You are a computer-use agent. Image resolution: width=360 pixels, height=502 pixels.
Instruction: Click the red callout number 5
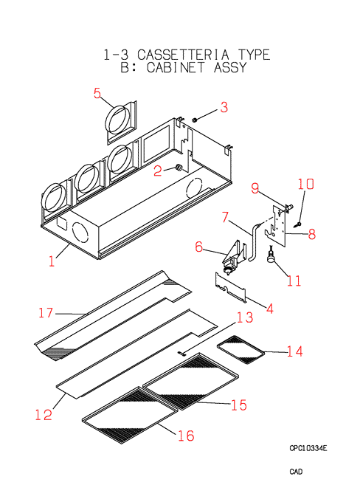(x=97, y=93)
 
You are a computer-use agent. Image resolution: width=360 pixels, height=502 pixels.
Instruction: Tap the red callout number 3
(x=224, y=107)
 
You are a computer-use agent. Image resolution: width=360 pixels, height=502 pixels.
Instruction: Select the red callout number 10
(x=305, y=184)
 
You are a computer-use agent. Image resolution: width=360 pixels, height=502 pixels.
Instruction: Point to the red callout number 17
(x=46, y=313)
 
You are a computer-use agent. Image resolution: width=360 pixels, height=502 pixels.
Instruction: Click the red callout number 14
(x=294, y=351)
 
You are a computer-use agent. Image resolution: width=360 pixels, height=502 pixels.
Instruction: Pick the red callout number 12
(x=44, y=415)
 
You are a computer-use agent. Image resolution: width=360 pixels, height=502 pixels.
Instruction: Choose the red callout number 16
(x=186, y=436)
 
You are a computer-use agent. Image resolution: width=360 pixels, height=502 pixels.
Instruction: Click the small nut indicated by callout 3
(x=194, y=120)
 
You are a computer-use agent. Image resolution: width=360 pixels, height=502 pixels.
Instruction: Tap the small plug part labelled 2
(x=179, y=168)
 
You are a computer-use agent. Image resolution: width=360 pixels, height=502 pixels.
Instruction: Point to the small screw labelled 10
(x=299, y=224)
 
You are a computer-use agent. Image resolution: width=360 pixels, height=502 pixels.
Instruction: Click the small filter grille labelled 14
(x=241, y=350)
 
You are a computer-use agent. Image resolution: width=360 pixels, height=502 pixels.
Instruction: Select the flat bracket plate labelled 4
(x=231, y=288)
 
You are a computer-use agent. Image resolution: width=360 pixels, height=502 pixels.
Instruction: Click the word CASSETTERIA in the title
(x=184, y=55)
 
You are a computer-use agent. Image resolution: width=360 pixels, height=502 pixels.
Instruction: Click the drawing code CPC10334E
(x=308, y=448)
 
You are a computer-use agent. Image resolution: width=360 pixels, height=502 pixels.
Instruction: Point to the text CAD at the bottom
(x=296, y=472)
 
